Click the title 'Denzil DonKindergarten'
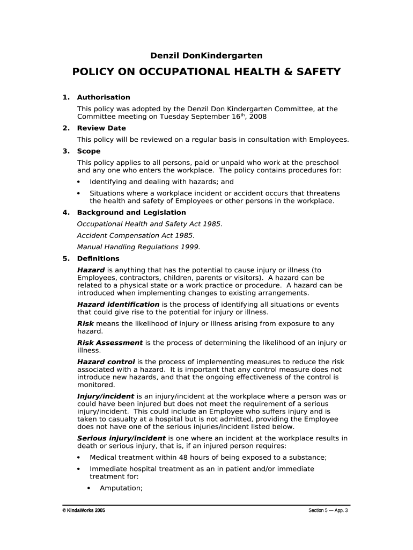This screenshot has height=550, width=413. click(206, 55)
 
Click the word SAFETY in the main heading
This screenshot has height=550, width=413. click(315, 72)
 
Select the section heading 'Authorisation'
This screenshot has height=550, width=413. click(104, 97)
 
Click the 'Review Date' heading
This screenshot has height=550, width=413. click(101, 128)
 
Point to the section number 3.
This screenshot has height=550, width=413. click(65, 151)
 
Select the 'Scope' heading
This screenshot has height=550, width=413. click(88, 151)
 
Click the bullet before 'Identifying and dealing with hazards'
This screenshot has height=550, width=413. click(79, 182)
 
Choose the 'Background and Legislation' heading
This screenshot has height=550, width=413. click(131, 212)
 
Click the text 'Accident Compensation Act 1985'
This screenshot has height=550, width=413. click(136, 235)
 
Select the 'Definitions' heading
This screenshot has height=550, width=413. click(98, 258)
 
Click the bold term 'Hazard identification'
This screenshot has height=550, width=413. click(118, 305)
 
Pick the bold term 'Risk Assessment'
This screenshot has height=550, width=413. click(110, 343)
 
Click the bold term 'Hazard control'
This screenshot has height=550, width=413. click(106, 362)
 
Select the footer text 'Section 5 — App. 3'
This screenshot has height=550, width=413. click(328, 510)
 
